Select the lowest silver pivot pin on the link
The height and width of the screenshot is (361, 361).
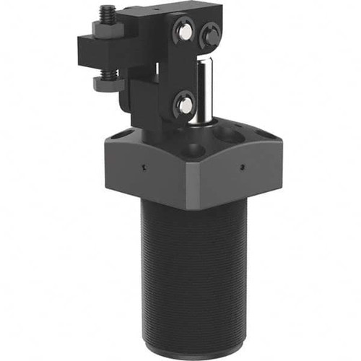[x=184, y=105]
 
